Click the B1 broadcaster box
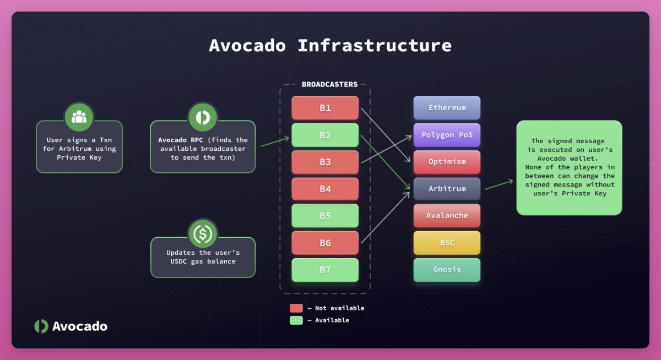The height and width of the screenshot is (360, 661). click(325, 108)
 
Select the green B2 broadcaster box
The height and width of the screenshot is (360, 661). click(325, 135)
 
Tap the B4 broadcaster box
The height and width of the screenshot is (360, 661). click(325, 189)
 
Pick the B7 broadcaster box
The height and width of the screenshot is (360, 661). click(325, 270)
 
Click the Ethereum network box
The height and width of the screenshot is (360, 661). click(447, 108)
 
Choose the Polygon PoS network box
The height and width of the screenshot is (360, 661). click(447, 135)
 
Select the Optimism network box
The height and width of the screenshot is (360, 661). click(447, 162)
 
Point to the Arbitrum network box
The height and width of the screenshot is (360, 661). click(447, 189)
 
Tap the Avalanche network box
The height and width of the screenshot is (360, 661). click(447, 216)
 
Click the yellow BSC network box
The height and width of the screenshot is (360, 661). click(447, 243)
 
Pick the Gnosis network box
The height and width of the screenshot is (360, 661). click(447, 270)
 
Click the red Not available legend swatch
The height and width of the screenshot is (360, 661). click(296, 308)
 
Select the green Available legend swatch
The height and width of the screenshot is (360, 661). click(296, 320)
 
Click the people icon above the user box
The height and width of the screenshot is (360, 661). click(79, 117)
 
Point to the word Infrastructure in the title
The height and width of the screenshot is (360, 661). click(375, 45)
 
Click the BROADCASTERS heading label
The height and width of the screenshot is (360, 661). click(329, 85)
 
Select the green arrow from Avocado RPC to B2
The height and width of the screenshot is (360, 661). click(274, 141)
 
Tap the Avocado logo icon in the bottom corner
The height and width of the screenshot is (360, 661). click(41, 326)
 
